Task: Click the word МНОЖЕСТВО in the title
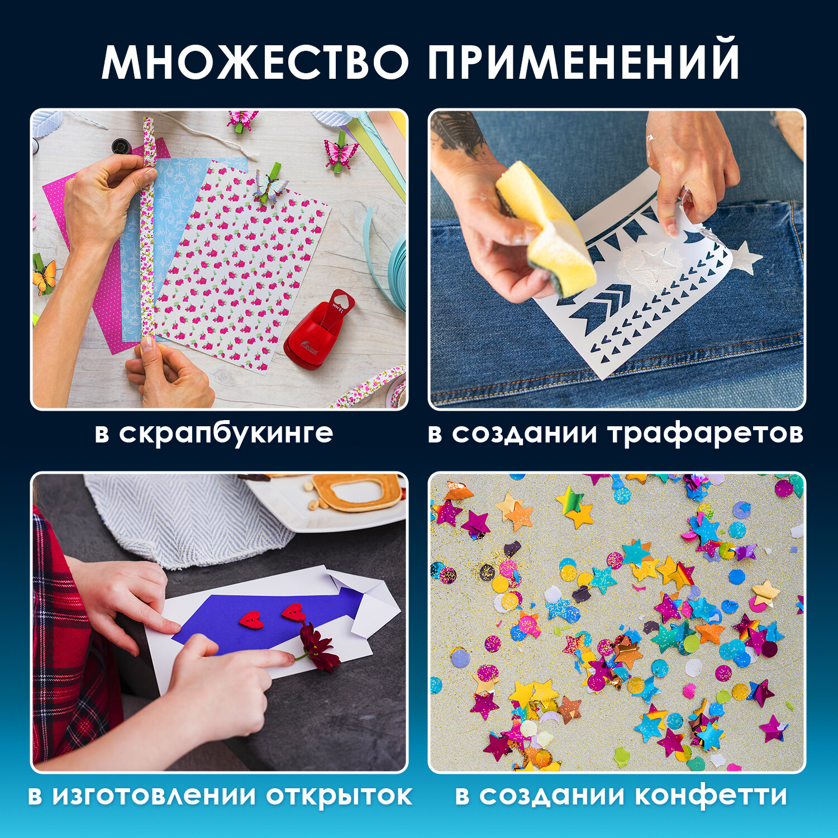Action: [255, 61]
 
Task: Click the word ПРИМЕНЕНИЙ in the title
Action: [584, 61]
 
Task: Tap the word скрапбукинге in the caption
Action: [226, 434]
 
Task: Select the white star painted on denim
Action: [745, 258]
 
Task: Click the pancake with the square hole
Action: [358, 492]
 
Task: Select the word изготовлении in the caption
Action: [156, 796]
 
